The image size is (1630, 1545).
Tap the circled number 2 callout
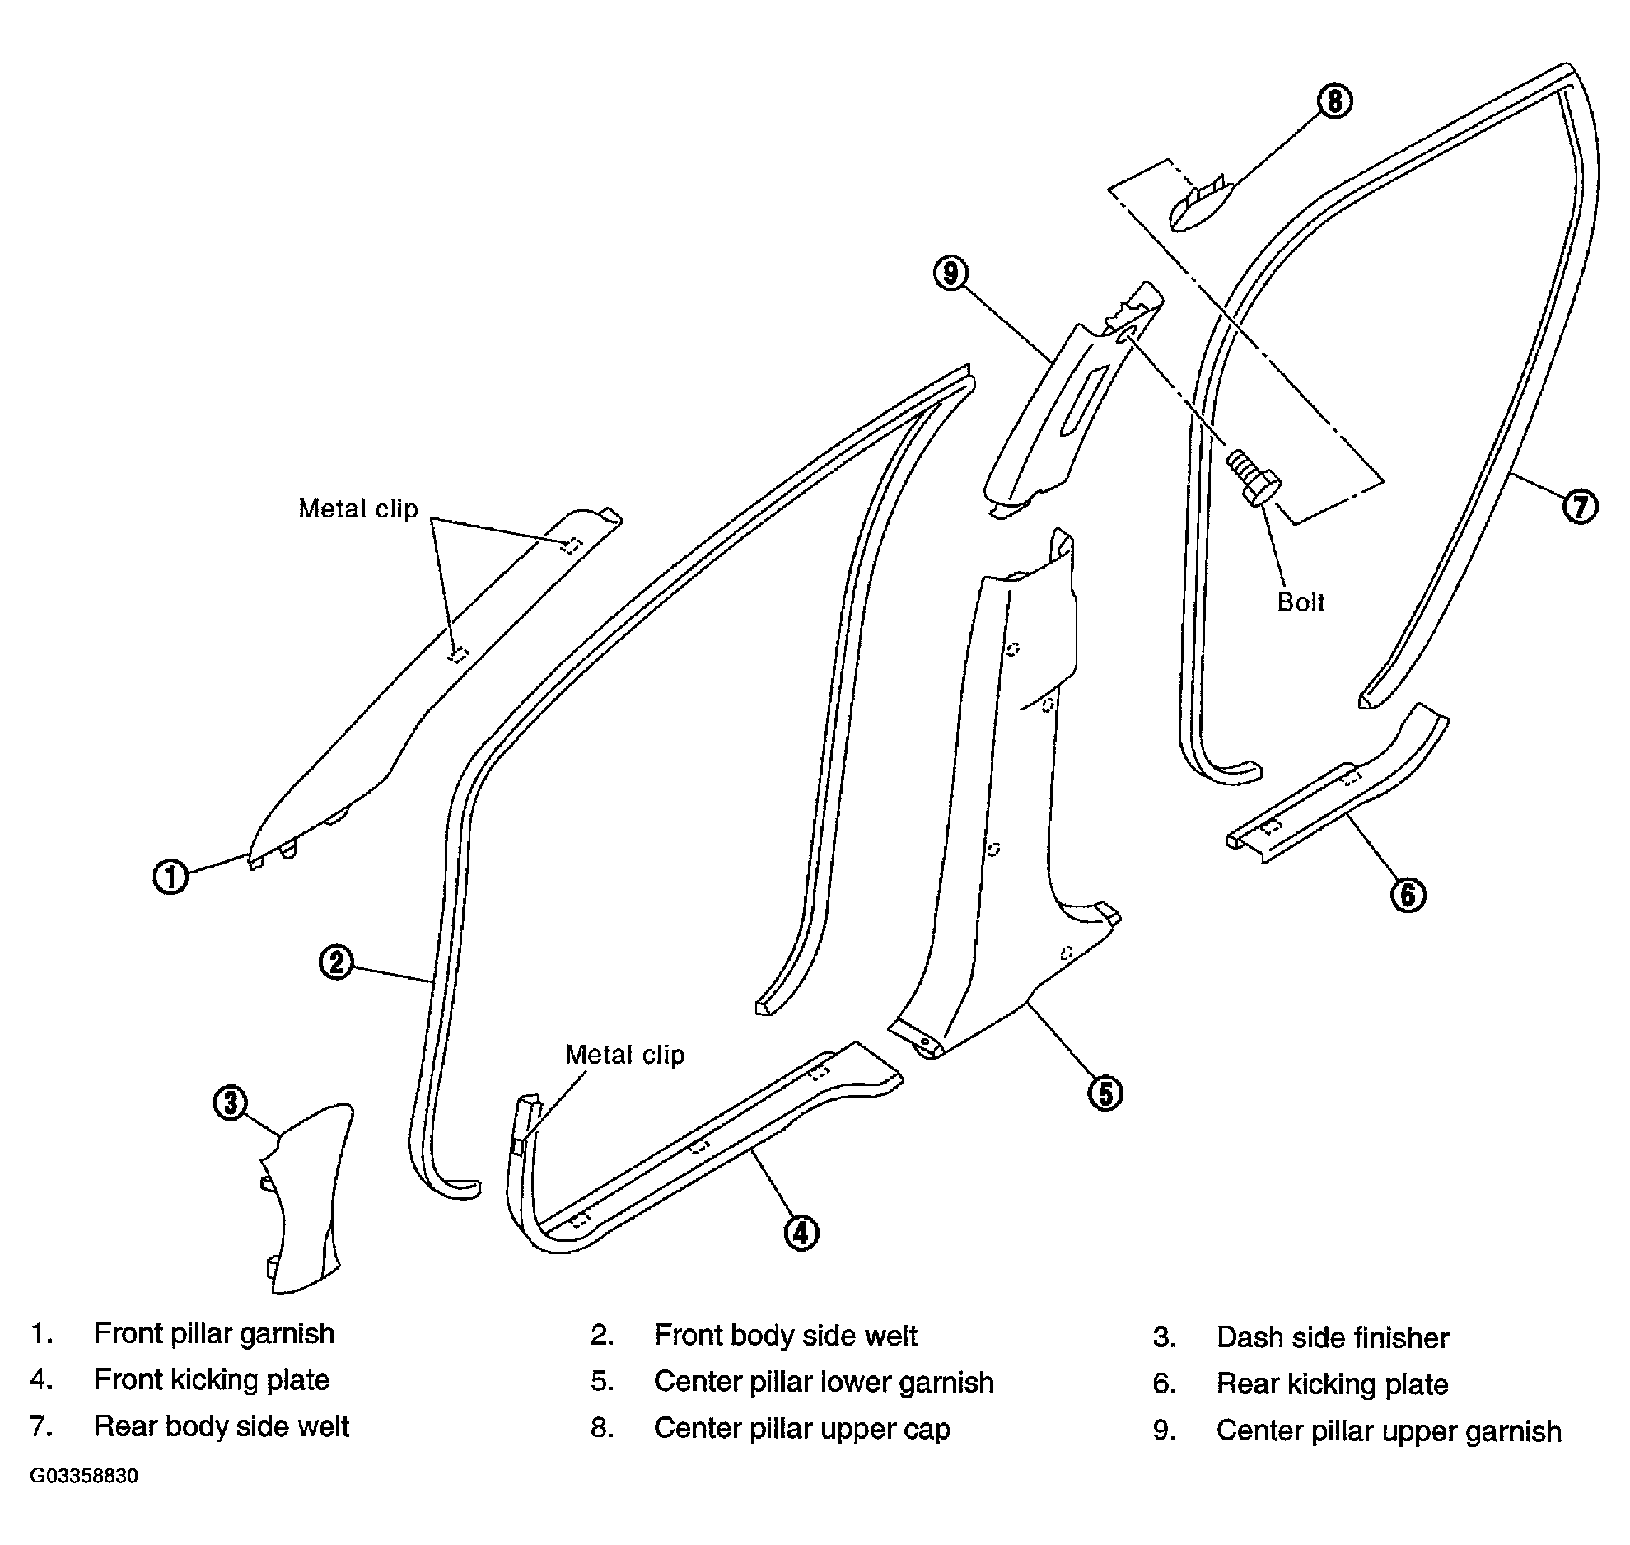336,962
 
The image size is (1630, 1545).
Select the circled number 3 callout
231,1103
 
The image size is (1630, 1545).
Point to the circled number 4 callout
801,1233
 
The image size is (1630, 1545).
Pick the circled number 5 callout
1105,1093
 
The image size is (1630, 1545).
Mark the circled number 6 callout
1408,895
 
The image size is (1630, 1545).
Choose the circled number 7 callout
1580,505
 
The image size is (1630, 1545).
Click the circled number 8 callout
1334,101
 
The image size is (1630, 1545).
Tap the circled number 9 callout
951,273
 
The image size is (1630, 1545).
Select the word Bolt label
1301,602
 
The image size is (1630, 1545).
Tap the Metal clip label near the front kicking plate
624,1055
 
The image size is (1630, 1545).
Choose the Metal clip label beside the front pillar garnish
357,508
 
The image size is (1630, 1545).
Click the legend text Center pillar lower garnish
824,1382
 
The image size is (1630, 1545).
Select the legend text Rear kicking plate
1332,1383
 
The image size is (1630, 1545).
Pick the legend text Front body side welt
786,1336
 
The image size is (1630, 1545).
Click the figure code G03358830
84,1476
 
